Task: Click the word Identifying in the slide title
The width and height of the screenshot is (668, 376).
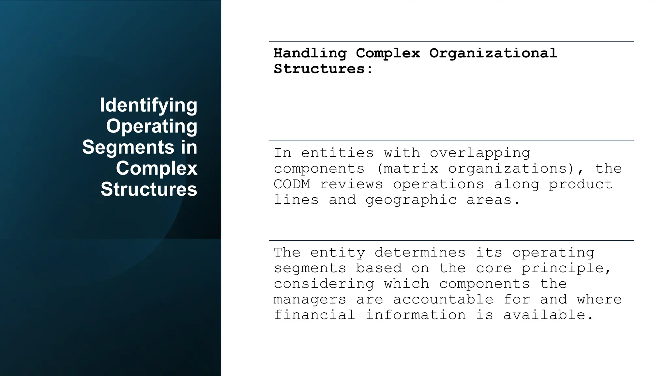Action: click(148, 105)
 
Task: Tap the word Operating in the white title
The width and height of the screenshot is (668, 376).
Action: click(152, 126)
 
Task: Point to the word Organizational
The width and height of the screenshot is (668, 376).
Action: click(493, 53)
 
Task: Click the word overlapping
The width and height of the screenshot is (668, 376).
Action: click(480, 153)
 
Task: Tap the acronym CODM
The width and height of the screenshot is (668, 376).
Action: click(292, 184)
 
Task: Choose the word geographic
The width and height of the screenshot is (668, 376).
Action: click(411, 200)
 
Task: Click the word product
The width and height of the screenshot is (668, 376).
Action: click(580, 184)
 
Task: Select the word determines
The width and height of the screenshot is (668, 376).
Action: click(420, 253)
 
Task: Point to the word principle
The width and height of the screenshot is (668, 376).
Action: click(566, 268)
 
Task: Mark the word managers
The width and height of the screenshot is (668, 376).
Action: click(310, 300)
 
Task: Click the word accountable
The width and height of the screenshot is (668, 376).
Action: click(443, 300)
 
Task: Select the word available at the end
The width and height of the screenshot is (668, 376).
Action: click(548, 315)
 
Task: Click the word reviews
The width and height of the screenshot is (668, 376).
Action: click(351, 184)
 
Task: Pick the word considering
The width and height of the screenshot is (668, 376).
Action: click(324, 284)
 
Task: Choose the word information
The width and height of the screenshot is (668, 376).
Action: click(416, 315)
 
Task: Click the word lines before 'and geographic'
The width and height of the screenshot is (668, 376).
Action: click(296, 200)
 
